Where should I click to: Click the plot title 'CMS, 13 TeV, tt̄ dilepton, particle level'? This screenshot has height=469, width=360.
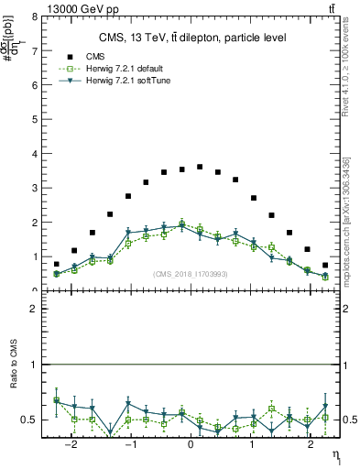[192, 38]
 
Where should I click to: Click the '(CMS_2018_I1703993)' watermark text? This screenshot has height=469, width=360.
[191, 274]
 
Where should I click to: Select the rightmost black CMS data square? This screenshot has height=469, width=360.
[325, 265]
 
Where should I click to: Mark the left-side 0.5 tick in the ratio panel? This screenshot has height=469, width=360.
[31, 420]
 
